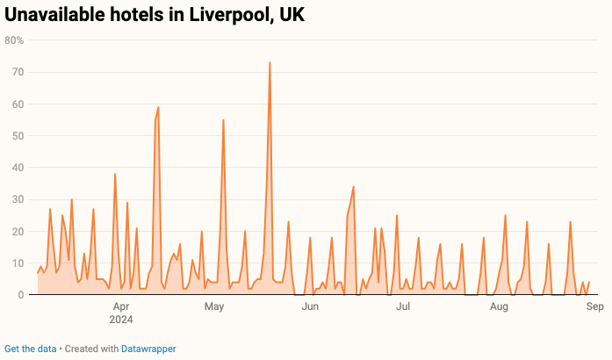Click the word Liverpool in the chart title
point(224,16)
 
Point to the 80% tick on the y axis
point(14,40)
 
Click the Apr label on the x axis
point(121,306)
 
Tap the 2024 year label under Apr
point(121,319)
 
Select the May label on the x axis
point(215,306)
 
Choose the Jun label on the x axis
point(310,306)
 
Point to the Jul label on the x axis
point(403,306)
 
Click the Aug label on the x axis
point(499,306)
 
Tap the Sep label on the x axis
point(594,306)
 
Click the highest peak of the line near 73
point(270,63)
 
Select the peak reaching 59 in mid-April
point(158,107)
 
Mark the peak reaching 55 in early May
point(224,120)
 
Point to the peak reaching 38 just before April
point(115,174)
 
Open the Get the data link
point(31,349)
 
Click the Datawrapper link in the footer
point(148,349)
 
